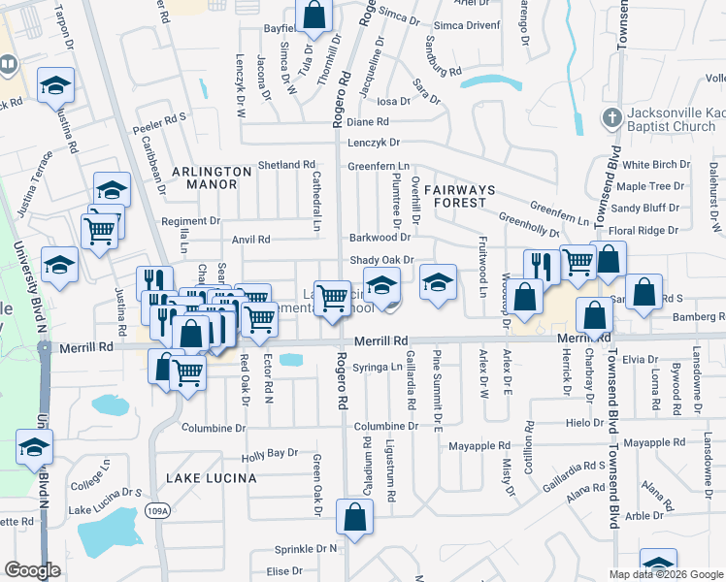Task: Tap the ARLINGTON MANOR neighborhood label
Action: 205,177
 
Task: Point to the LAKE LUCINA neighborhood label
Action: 211,478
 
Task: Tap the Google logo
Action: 32,570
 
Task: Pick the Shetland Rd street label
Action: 288,165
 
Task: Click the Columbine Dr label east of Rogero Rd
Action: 385,426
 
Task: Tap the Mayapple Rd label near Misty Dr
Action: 478,446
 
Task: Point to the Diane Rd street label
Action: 367,122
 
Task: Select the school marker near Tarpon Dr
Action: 55,86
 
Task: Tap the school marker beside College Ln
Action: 34,448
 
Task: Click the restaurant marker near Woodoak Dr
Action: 540,265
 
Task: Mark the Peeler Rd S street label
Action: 160,117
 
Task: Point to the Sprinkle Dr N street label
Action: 306,548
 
